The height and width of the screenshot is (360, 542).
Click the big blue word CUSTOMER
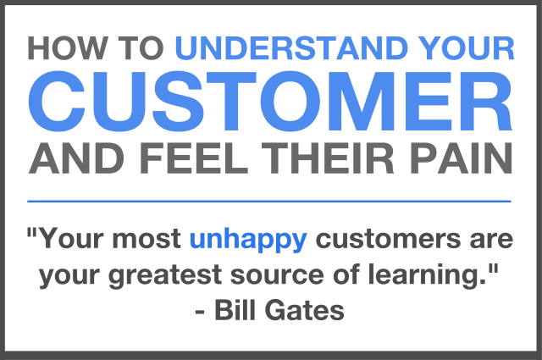[x=270, y=101]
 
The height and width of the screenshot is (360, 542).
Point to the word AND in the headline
[x=76, y=158]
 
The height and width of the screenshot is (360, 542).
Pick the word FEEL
[x=194, y=158]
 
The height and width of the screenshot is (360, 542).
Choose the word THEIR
[x=328, y=158]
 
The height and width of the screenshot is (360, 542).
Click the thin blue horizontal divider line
[x=269, y=201]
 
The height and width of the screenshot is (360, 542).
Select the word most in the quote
[x=147, y=239]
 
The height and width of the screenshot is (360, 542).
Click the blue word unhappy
[x=248, y=240]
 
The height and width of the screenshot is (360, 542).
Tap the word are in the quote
[x=491, y=240]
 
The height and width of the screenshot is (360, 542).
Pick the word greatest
[x=165, y=275]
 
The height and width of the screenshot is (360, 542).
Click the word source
[x=277, y=276]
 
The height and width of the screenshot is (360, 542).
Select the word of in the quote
[x=346, y=274]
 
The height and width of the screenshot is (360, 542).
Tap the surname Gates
[x=305, y=310]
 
